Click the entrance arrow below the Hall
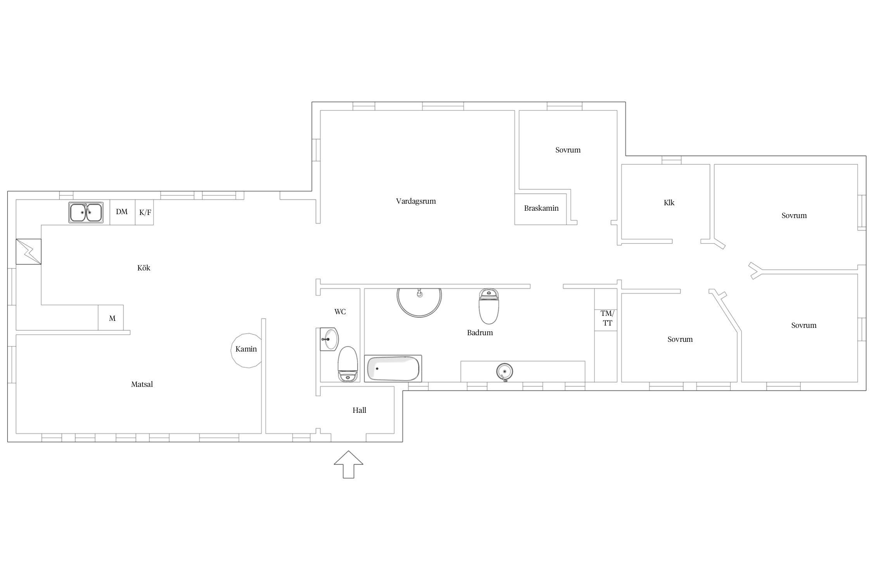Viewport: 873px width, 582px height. [x=348, y=464]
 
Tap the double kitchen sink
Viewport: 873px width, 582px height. [x=86, y=213]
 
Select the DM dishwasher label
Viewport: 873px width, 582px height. [x=122, y=212]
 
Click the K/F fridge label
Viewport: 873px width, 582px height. [x=145, y=212]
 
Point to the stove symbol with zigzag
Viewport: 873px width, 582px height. [x=28, y=252]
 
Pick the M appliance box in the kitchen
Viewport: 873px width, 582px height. [x=111, y=318]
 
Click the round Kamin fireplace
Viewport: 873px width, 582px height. [x=246, y=350]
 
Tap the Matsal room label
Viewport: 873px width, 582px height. [x=142, y=385]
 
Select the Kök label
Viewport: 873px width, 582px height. [x=144, y=268]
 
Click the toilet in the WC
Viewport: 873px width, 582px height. [x=348, y=364]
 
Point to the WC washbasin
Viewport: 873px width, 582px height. [x=329, y=339]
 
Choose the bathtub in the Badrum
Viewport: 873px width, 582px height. [x=393, y=369]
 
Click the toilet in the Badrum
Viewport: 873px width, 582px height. [x=489, y=306]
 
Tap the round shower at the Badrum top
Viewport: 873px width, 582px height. [x=419, y=303]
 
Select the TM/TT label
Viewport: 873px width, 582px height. [x=608, y=318]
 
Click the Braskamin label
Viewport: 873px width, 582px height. [x=541, y=208]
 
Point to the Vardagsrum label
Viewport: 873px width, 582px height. [x=416, y=201]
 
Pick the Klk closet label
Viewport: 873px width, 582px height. [x=669, y=203]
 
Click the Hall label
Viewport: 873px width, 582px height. [x=359, y=410]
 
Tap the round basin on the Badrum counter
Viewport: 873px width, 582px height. [x=504, y=372]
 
